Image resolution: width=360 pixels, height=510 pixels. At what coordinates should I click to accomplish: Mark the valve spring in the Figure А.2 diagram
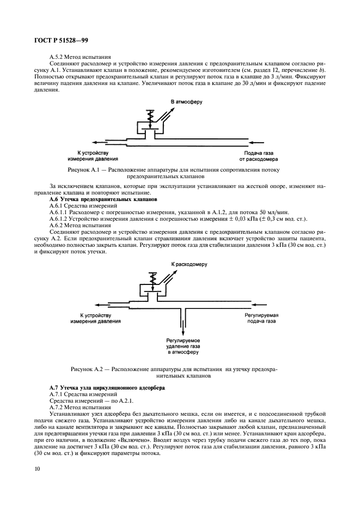tap(153, 278)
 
